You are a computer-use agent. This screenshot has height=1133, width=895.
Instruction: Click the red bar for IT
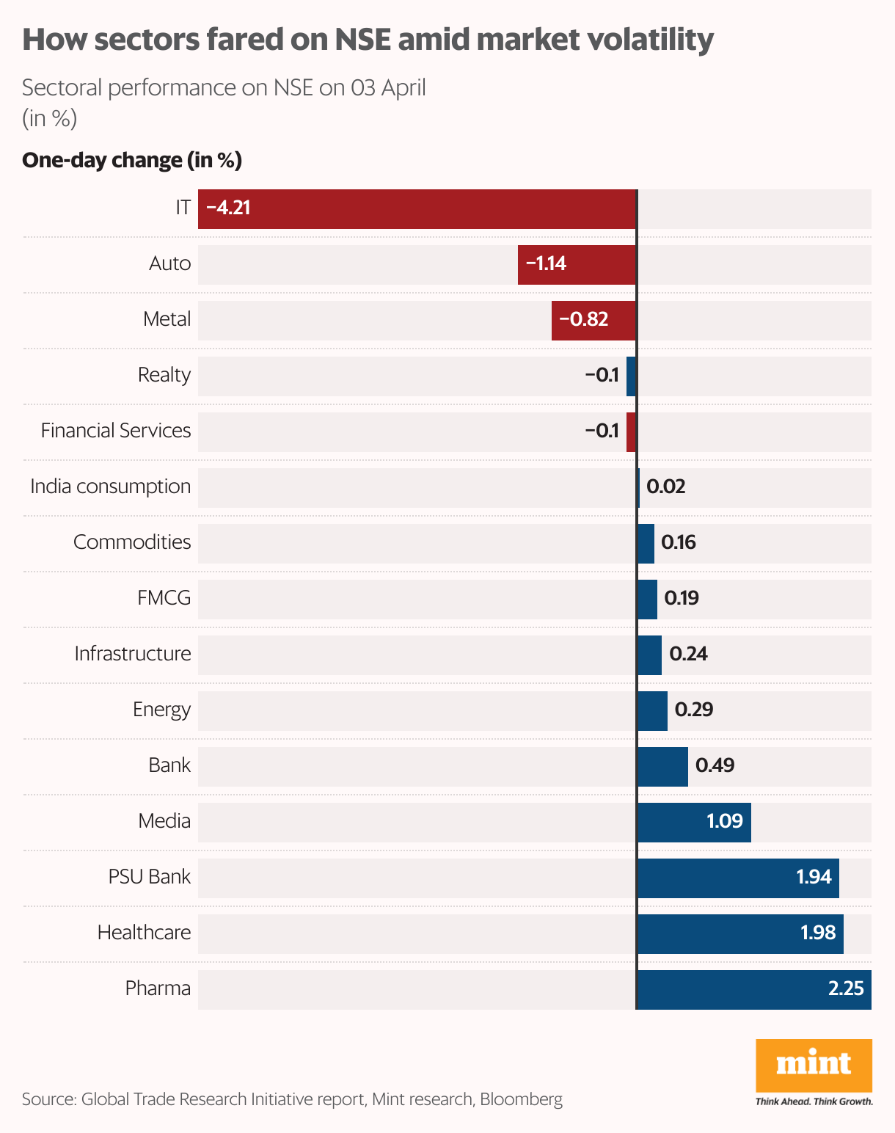[417, 209]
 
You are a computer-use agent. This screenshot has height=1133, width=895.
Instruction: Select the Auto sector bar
[577, 265]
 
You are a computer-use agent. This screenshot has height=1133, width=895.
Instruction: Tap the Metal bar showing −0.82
[593, 321]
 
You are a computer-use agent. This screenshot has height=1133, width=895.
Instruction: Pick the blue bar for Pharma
[754, 990]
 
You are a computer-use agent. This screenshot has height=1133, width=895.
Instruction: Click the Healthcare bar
[740, 934]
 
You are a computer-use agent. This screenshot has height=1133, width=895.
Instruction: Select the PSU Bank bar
[738, 878]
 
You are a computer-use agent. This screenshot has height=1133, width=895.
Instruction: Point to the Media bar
[694, 823]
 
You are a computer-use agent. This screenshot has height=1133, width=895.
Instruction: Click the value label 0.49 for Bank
[715, 765]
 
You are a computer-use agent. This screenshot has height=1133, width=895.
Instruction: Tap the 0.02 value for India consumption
[665, 487]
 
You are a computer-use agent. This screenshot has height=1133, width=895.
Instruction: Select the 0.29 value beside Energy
[693, 710]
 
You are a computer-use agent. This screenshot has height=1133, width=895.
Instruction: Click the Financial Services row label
[116, 431]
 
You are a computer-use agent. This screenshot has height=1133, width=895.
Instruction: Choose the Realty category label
[164, 375]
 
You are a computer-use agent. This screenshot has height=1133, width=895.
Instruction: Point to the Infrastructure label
[133, 654]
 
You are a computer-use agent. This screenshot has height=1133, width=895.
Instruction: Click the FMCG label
[164, 598]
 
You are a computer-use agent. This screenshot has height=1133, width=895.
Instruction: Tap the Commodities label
[132, 542]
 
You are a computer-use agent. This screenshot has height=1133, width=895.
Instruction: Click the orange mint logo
[814, 1065]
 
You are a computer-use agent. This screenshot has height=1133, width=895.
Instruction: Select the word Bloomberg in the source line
[521, 1099]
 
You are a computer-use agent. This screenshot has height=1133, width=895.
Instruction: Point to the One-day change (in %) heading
[132, 160]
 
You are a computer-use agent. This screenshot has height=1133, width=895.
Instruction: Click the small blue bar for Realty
[631, 376]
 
